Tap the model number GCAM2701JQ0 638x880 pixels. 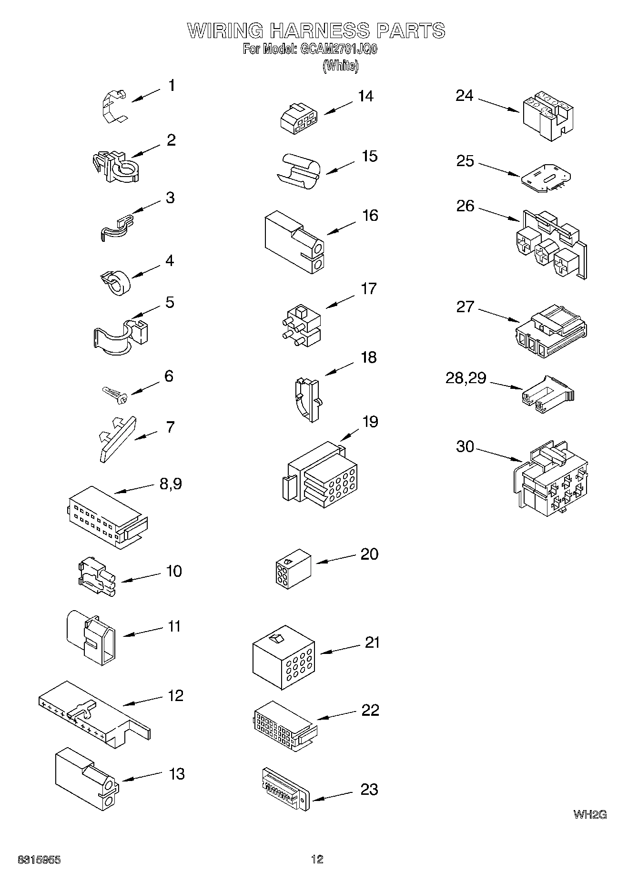tap(338, 49)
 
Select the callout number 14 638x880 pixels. tap(365, 97)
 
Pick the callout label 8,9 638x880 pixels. tap(170, 484)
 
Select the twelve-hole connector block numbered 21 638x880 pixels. tap(284, 657)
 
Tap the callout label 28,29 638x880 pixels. tap(466, 378)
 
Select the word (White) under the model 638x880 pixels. tap(340, 66)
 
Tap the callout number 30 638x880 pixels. tap(465, 446)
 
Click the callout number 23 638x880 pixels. tap(369, 790)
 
